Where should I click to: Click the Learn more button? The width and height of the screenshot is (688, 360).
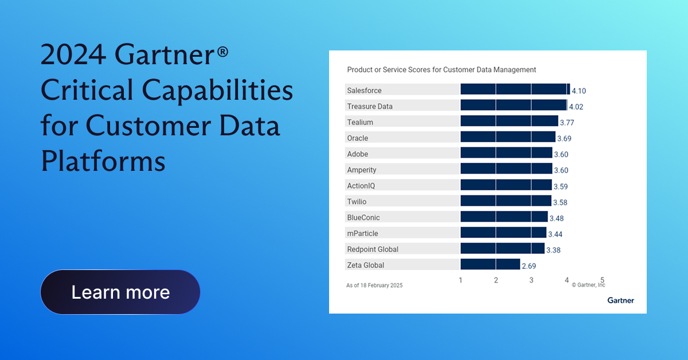click(120, 292)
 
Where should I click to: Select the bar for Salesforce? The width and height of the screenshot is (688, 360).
click(515, 90)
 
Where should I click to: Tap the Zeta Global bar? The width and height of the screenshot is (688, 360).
click(490, 265)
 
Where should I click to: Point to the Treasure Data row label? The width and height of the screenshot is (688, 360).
click(370, 106)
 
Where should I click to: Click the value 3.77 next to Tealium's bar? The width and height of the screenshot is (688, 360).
click(568, 122)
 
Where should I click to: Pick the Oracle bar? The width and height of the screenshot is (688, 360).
click(508, 138)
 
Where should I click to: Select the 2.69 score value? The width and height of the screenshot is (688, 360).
click(529, 266)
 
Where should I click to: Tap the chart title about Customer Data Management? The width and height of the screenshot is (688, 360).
click(441, 69)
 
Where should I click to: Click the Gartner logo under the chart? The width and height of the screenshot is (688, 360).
click(621, 300)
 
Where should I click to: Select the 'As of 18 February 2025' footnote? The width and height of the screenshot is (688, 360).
click(374, 285)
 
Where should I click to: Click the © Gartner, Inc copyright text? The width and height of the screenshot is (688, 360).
click(588, 285)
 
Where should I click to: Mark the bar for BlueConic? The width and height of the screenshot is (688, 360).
click(504, 217)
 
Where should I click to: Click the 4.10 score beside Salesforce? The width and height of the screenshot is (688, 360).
click(579, 91)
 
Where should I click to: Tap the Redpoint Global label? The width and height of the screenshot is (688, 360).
click(373, 249)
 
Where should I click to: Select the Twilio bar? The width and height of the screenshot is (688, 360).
click(506, 201)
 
